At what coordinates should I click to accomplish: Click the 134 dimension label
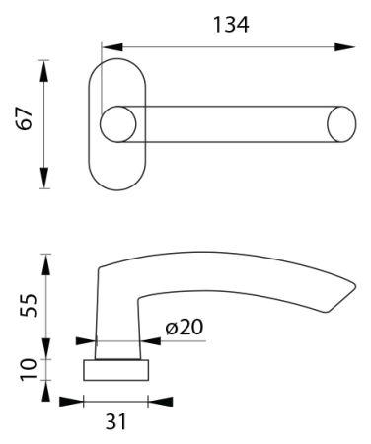click(x=231, y=25)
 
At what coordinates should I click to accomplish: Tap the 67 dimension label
click(x=25, y=118)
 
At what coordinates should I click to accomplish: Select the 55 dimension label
click(x=28, y=305)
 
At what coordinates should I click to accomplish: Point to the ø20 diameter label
click(x=185, y=327)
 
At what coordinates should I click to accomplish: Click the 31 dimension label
click(x=115, y=421)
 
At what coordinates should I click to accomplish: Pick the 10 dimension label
click(x=28, y=369)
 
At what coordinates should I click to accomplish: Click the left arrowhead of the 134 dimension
click(x=112, y=47)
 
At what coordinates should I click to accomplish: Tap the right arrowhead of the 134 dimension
click(x=345, y=47)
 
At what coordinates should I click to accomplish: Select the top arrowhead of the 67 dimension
click(x=44, y=71)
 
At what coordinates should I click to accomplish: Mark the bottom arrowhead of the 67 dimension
click(x=44, y=178)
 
